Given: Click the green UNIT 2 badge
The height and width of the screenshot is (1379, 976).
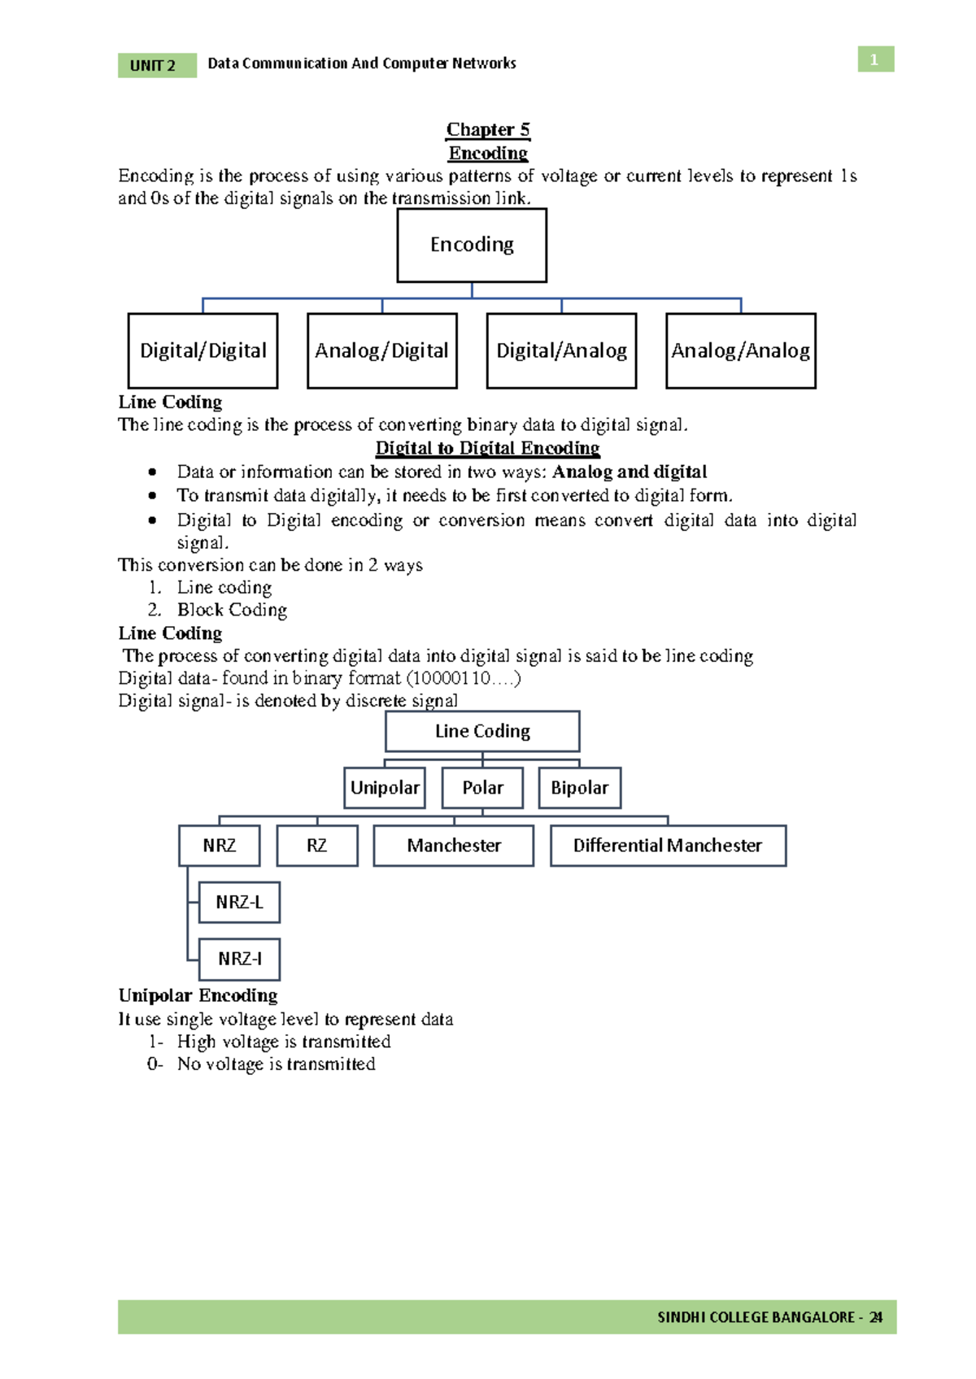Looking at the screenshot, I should tap(157, 65).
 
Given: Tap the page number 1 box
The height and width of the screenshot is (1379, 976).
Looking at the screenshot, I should tap(875, 59).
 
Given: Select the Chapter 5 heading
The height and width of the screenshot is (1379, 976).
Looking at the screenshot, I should tap(488, 129).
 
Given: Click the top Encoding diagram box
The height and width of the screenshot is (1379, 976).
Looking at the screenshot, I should tap(472, 245).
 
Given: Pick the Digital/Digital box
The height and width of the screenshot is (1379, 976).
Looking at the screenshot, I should tap(203, 350).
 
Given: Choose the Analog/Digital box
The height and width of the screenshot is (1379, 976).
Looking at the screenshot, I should tap(382, 350).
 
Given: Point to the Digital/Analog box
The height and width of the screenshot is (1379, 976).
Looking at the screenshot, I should tap(561, 350).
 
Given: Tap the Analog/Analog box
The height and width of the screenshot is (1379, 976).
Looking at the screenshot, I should tap(740, 350).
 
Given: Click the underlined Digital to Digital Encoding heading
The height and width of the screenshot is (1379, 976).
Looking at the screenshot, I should tap(487, 448).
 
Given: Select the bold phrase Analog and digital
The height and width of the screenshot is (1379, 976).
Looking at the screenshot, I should tap(630, 472).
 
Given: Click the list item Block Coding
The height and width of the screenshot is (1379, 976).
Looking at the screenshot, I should tap(232, 610).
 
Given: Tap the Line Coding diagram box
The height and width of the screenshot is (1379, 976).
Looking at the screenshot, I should tap(482, 731).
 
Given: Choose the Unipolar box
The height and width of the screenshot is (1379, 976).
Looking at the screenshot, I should tap(385, 787).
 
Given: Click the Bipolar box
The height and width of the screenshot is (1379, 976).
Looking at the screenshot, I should tap(579, 787).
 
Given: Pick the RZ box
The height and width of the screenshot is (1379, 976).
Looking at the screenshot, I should tap(316, 846).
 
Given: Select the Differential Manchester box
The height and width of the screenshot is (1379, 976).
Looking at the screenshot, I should tap(668, 846).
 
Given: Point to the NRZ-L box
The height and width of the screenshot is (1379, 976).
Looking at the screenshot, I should tap(239, 902).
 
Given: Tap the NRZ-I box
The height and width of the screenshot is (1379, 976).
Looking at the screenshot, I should tap(239, 959).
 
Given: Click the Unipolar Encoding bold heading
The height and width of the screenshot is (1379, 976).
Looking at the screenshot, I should tap(198, 995).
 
